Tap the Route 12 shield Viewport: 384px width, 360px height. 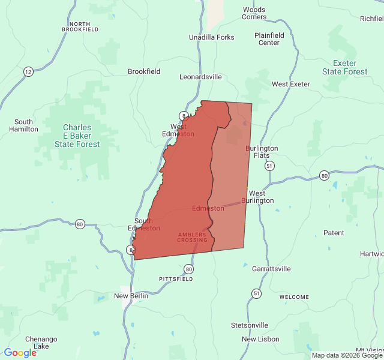pos(28,71)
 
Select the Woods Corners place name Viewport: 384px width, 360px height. pos(254,13)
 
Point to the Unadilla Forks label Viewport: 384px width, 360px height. pos(211,37)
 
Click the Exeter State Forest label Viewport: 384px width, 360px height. pos(344,67)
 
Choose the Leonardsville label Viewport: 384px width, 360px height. pos(200,77)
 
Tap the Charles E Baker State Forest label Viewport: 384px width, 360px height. pos(77,136)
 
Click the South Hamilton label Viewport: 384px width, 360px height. pos(24,125)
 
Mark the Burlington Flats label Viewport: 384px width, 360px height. pos(262,152)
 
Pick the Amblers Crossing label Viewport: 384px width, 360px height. pos(192,237)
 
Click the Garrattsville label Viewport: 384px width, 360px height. pos(271,269)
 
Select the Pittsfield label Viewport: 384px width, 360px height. pos(176,279)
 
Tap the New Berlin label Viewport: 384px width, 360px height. pos(131,296)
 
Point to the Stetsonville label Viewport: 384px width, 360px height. pos(250,325)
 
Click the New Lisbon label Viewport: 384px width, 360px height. pos(260,339)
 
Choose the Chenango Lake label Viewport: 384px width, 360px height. pos(41,343)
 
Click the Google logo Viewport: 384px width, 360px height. pos(20,353)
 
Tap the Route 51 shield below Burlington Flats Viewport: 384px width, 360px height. pos(270,166)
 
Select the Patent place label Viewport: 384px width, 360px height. pos(334,233)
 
